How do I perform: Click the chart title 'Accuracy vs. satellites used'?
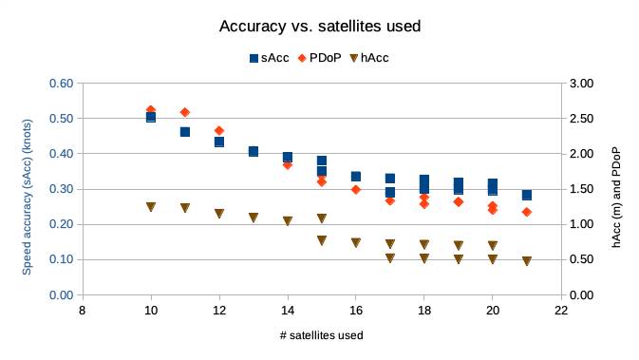[x=320, y=26]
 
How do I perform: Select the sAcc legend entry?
[x=269, y=58]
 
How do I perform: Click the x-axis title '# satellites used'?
[x=322, y=335]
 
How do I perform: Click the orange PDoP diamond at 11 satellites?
[x=185, y=112]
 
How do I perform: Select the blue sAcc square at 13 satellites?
[x=254, y=151]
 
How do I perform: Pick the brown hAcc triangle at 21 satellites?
[x=527, y=261]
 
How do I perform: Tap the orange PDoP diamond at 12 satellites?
[x=219, y=130]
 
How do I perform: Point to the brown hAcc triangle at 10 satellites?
[x=151, y=206]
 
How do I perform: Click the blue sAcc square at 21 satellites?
[x=527, y=195]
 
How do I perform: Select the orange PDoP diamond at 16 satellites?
[x=356, y=189]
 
